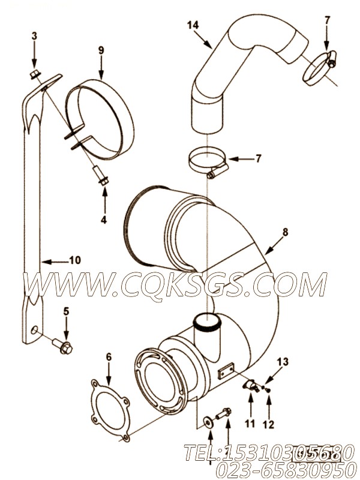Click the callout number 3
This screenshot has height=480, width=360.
[x=34, y=37]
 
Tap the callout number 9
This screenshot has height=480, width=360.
[x=100, y=50]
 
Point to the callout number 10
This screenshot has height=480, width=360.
[x=74, y=260]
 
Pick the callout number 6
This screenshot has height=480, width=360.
[x=109, y=356]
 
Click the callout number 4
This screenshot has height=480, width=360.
[x=103, y=220]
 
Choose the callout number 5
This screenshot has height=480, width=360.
[x=66, y=311]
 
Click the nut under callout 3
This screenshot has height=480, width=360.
[x=35, y=74]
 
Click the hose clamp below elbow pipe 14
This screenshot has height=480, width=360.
[x=205, y=164]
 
